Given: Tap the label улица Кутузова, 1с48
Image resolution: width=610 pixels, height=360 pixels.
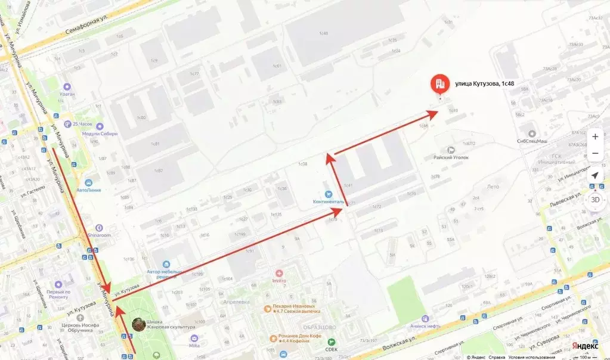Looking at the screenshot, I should pos(484,84).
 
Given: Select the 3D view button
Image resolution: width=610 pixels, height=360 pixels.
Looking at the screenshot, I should pos(594,200).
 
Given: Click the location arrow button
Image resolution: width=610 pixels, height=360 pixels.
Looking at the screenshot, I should pos(594,176).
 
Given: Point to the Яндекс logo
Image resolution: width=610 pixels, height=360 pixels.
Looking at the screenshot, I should pos(585,346).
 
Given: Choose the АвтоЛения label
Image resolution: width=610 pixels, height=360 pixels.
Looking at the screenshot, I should pos(88,190).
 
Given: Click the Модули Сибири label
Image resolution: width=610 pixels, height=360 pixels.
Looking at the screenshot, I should pos(100,134).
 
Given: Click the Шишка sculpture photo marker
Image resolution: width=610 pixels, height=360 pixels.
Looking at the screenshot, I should pos(138,324).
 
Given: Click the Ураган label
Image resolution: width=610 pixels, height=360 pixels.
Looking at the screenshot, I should pos(67,94).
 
